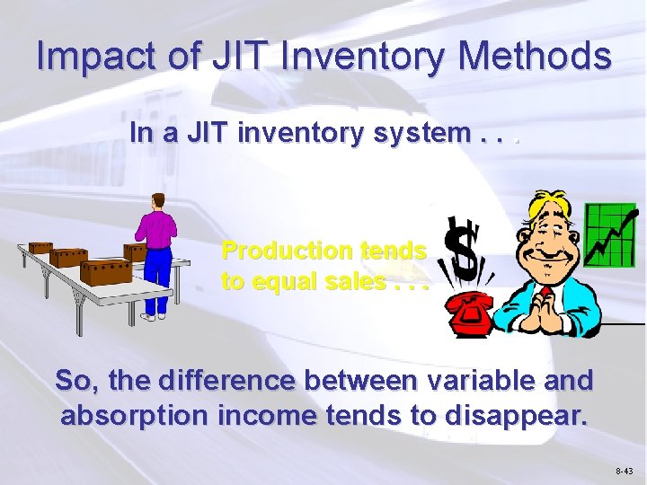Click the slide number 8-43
(625, 471)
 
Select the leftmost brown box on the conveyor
(40, 247)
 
